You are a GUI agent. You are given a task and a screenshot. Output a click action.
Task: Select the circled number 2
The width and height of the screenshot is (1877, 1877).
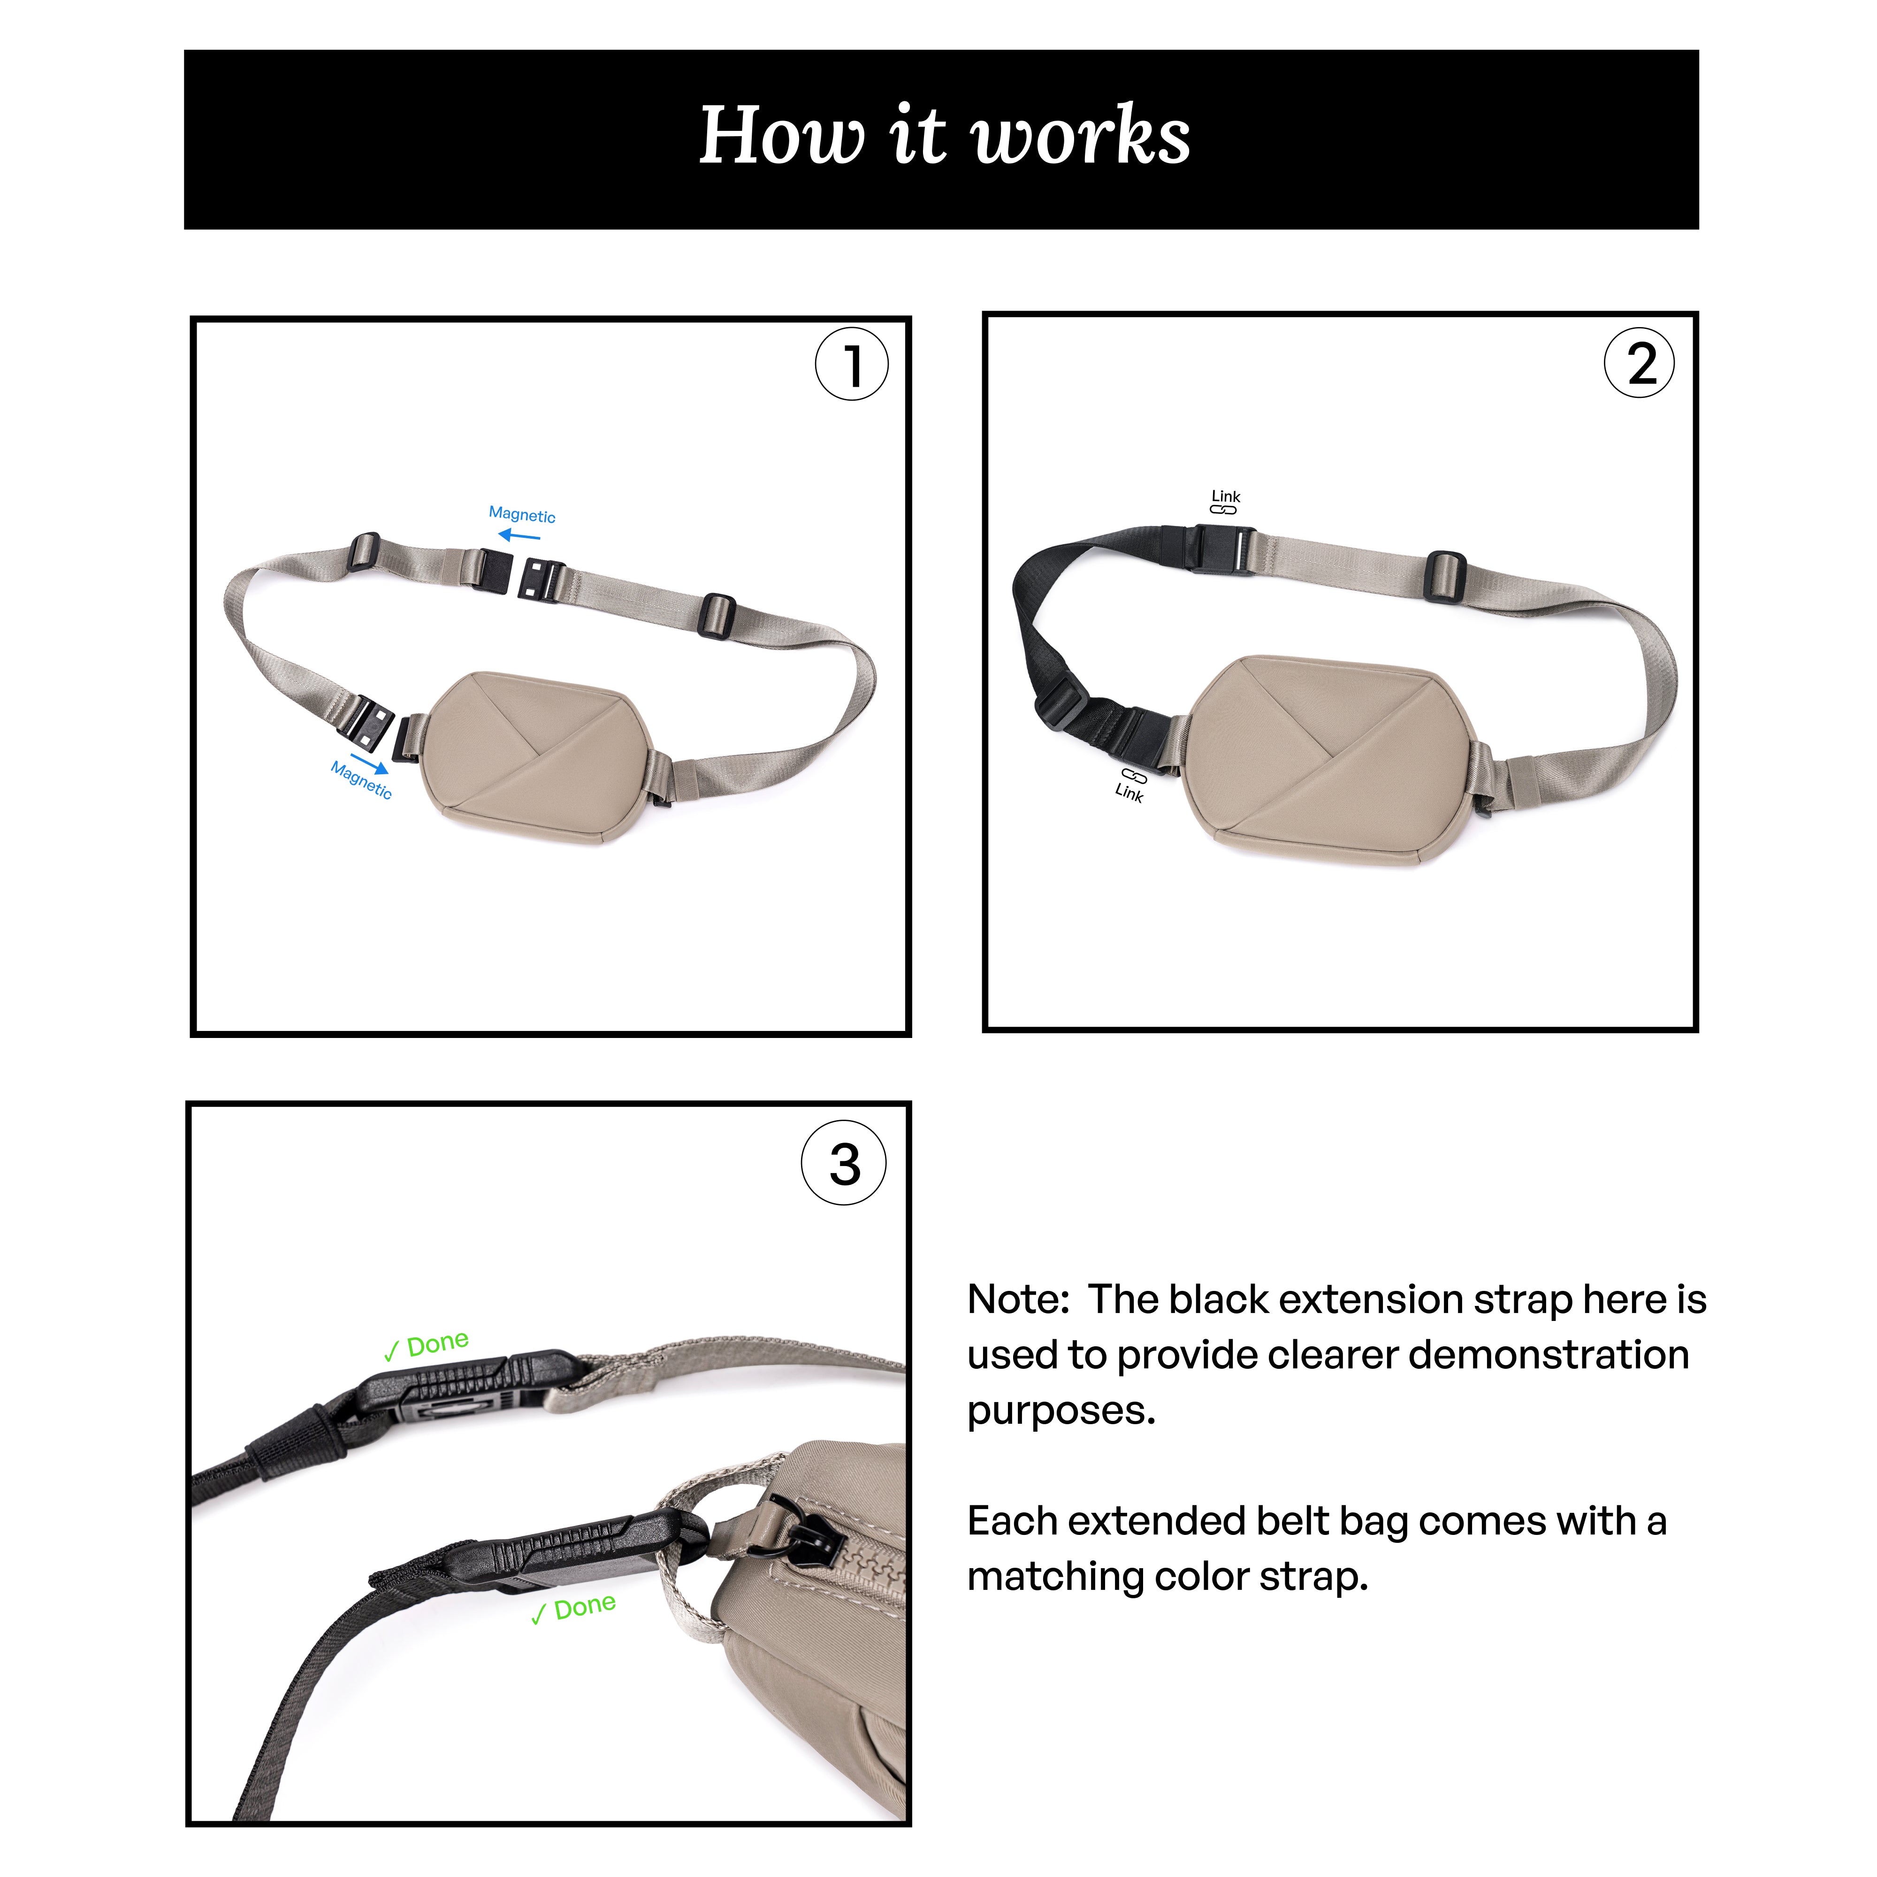(1640, 363)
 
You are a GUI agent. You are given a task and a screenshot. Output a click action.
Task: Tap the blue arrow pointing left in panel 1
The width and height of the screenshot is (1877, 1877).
(519, 535)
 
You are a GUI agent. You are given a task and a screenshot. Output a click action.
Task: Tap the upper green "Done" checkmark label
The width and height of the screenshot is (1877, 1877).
(427, 1345)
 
